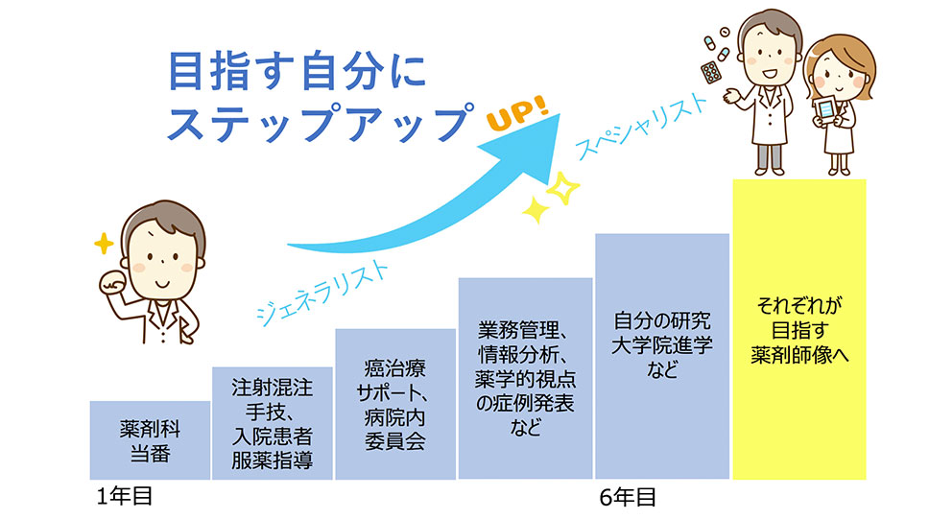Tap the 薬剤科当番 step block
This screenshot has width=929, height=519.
point(150,440)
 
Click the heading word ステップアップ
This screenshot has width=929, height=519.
point(322,123)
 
